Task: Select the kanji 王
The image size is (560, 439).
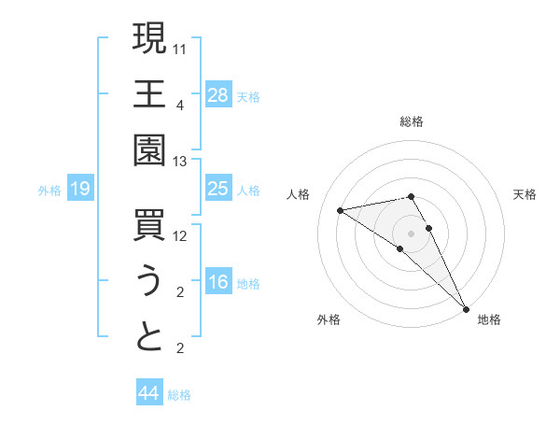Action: tap(149, 94)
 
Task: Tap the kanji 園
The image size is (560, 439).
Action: tap(149, 150)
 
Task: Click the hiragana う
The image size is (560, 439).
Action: tap(149, 281)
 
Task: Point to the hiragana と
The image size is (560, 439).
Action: tap(149, 337)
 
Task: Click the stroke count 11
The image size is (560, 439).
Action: tap(180, 48)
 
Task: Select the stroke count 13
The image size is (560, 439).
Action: tap(180, 162)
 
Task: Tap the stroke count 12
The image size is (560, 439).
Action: tap(180, 236)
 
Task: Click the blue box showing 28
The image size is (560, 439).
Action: tap(218, 94)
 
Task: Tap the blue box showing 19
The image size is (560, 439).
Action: tap(79, 190)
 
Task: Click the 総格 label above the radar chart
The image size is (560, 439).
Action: tap(412, 121)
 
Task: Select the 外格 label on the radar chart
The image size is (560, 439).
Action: tap(329, 319)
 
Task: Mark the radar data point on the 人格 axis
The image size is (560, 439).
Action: tap(341, 210)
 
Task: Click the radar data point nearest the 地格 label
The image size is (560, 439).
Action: tap(465, 307)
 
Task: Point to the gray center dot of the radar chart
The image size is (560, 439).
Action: tap(412, 233)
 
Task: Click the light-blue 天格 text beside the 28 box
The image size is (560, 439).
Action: tap(248, 96)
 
